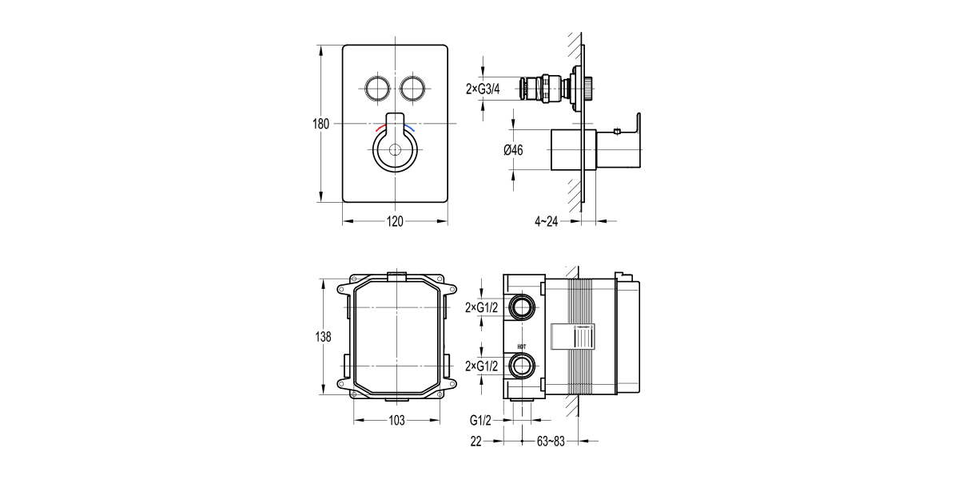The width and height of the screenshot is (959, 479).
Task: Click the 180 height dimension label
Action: pos(320,124)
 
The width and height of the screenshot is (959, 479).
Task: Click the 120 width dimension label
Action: pos(395,221)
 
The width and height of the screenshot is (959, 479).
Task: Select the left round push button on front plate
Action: pos(376,88)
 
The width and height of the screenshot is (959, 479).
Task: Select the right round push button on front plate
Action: pos(413,88)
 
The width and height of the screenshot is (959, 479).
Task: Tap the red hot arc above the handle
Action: pos(380,127)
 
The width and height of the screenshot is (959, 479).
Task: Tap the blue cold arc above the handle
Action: pos(410,127)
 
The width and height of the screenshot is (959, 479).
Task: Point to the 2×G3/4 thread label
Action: pos(483,89)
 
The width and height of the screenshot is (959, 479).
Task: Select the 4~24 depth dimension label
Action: pos(547,221)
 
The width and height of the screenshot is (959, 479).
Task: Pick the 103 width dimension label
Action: pos(396,420)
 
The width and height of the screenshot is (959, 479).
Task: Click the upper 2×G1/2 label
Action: pos(483,307)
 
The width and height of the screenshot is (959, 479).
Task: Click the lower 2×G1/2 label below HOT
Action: pos(483,366)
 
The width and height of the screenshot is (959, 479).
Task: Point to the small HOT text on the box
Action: pos(522,346)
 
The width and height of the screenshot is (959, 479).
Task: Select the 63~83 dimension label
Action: pos(550,441)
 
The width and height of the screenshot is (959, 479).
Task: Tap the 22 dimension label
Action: pos(476,441)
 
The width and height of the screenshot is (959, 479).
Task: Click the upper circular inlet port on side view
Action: pos(523,307)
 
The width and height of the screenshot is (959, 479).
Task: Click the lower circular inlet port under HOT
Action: pos(523,366)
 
